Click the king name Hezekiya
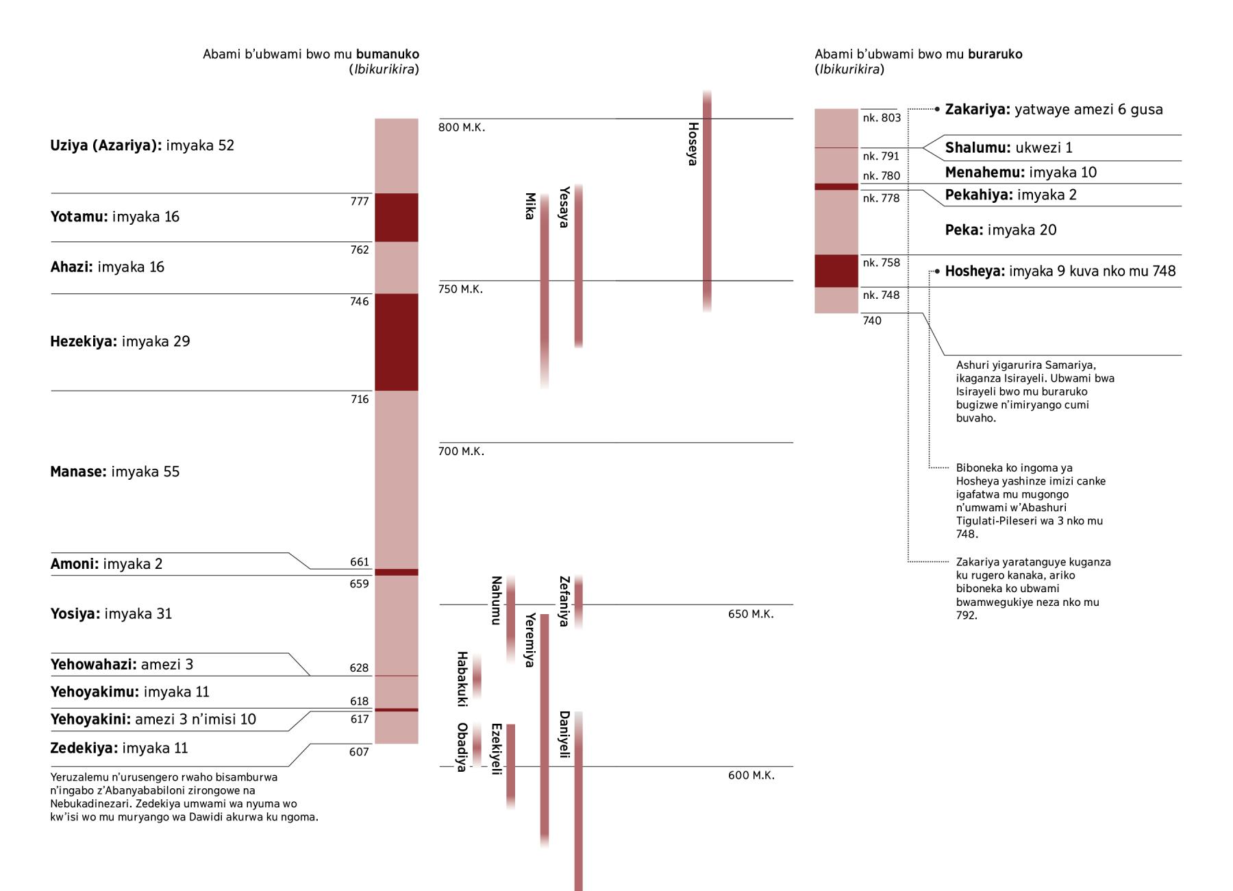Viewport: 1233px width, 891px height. [x=83, y=341]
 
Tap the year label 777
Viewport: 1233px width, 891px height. [x=360, y=202]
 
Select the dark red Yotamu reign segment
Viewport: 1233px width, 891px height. [x=396, y=217]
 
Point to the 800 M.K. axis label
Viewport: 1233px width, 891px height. [x=462, y=127]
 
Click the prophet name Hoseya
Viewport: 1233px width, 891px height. [x=693, y=144]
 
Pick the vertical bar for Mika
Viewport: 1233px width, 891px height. [x=545, y=288]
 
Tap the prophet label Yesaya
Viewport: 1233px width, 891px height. [x=564, y=207]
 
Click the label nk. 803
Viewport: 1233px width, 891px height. [x=882, y=118]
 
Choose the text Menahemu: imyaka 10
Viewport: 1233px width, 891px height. [x=1021, y=173]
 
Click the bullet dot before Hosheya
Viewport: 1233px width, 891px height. [x=937, y=271]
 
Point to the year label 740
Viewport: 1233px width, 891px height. [x=872, y=321]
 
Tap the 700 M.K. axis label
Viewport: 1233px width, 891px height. [x=461, y=452]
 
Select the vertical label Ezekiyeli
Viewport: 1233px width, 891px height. [x=497, y=749]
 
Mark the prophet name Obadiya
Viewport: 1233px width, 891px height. [x=462, y=747]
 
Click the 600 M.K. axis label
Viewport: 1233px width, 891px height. [x=751, y=775]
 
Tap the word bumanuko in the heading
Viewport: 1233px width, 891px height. [x=387, y=54]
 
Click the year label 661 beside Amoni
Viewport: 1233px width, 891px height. [x=360, y=562]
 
